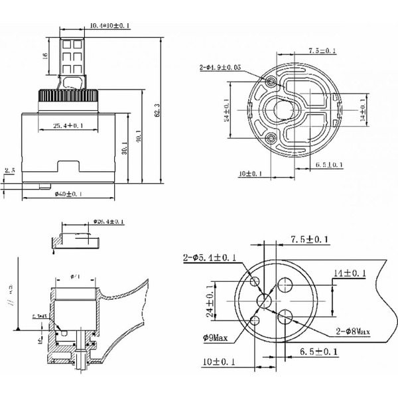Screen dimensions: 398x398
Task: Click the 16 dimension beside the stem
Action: (x=44, y=56)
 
